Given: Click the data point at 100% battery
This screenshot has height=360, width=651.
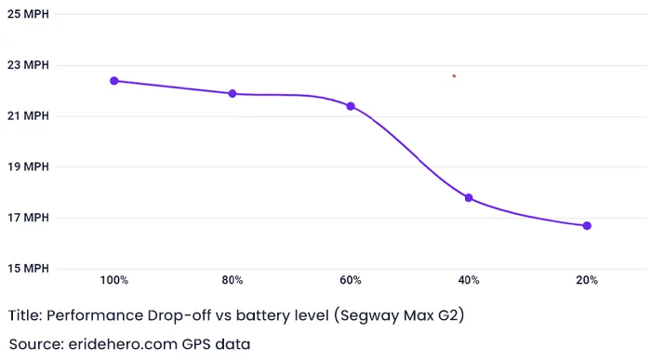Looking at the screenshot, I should pyautogui.click(x=114, y=81).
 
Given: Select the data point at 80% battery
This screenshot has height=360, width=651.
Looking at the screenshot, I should pyautogui.click(x=232, y=94).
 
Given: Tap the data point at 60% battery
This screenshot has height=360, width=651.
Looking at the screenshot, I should pyautogui.click(x=351, y=106).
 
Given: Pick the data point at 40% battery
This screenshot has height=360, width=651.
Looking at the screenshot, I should pyautogui.click(x=469, y=198).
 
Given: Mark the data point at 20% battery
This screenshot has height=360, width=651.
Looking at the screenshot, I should pyautogui.click(x=587, y=226).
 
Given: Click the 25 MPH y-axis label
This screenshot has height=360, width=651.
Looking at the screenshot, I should pyautogui.click(x=29, y=15).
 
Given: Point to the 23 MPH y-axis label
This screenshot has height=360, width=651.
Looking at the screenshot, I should pyautogui.click(x=29, y=66).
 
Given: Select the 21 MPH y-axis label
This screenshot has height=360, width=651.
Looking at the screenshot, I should pyautogui.click(x=29, y=116).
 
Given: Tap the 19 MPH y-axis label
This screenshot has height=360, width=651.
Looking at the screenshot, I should pyautogui.click(x=29, y=167).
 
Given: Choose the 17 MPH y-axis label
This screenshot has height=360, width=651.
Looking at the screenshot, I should pyautogui.click(x=29, y=219).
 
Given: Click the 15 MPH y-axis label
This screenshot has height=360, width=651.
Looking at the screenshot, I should pyautogui.click(x=29, y=269).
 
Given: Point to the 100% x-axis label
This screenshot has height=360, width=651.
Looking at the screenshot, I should pyautogui.click(x=114, y=280).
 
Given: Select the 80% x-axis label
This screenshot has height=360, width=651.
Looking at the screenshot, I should pyautogui.click(x=232, y=280).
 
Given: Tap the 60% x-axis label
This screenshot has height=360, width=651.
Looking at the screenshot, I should pyautogui.click(x=351, y=280).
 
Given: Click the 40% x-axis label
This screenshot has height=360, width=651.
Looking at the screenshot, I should pyautogui.click(x=469, y=280).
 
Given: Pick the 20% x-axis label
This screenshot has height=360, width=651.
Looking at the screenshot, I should pyautogui.click(x=587, y=280).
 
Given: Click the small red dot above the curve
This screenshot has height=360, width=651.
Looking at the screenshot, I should pyautogui.click(x=454, y=75).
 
